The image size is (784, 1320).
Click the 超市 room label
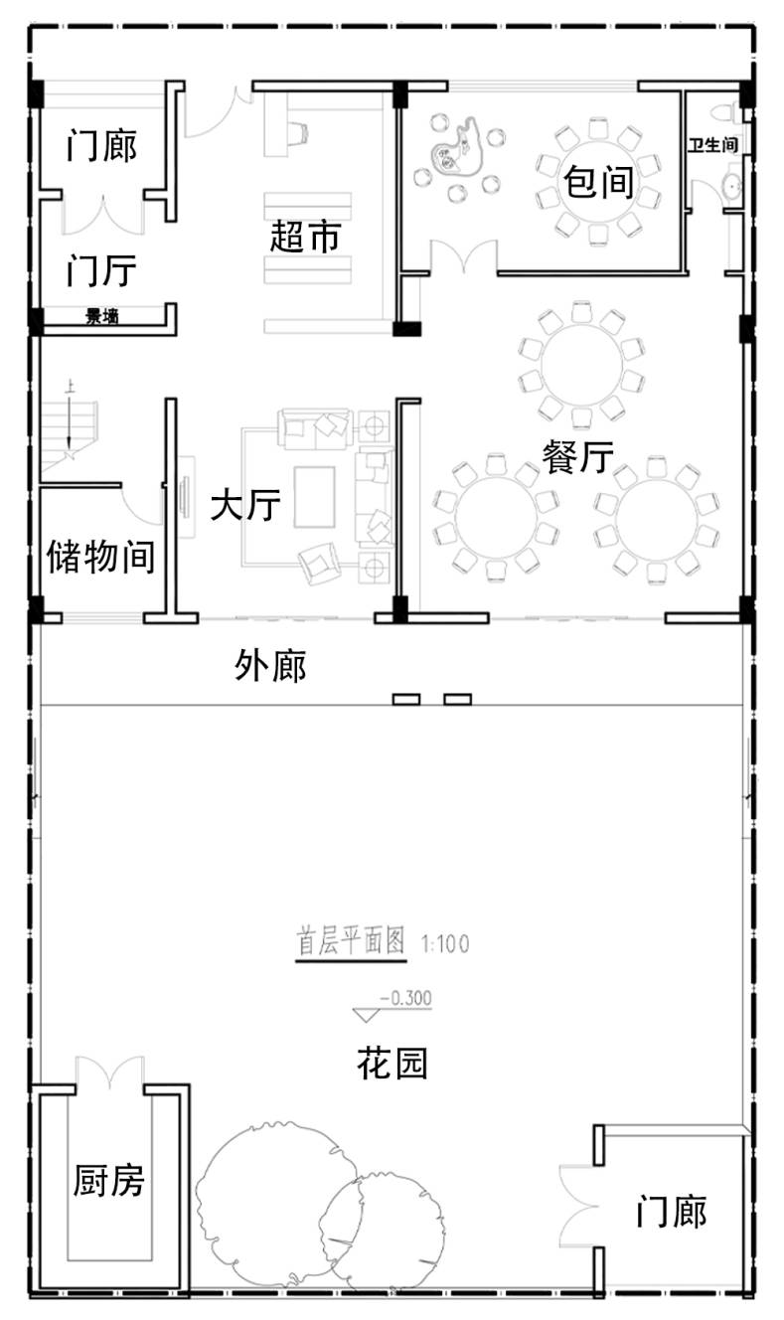[305, 237]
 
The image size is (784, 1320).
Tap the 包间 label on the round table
[598, 182]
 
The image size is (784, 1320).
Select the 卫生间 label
[712, 145]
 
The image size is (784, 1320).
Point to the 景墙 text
[102, 316]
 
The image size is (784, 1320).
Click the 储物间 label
[100, 557]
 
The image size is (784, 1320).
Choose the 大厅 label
[245, 505]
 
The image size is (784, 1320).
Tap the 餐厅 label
[577, 456]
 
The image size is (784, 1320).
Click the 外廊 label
[270, 666]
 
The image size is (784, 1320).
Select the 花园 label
[392, 1064]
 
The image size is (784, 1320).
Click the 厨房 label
[108, 1180]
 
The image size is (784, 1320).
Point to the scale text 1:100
[445, 944]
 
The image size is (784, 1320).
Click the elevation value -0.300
[405, 998]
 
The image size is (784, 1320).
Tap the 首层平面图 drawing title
[351, 940]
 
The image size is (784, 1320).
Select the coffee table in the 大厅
[315, 497]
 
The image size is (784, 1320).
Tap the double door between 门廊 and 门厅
[103, 216]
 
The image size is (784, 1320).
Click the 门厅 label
[101, 270]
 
